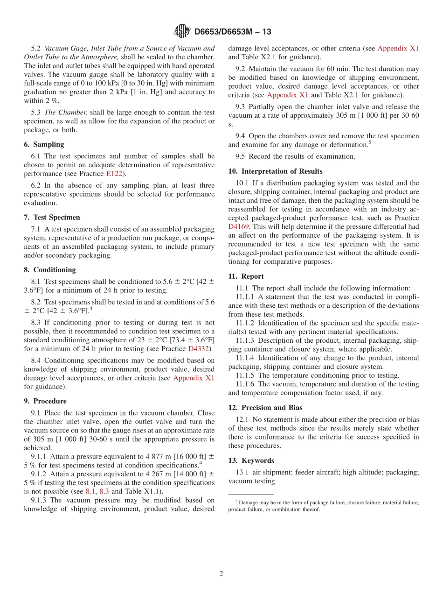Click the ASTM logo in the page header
182,31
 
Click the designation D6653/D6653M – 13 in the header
232,32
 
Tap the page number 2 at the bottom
221,573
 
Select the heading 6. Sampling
48,144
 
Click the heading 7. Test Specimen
56,217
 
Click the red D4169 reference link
239,226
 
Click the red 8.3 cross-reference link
104,491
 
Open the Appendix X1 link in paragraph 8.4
194,378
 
